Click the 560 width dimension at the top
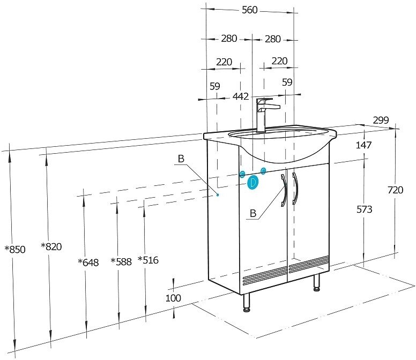pos(250,10)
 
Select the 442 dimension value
pos(240,96)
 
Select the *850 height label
pos(14,249)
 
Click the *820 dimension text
pos(51,246)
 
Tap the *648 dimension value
pos(88,262)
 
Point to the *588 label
pos(121,261)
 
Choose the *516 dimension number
pos(148,260)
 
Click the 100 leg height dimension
pos(173,298)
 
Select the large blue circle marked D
pos(253,182)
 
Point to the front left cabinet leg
pos(247,302)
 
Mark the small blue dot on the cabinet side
pos(218,195)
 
